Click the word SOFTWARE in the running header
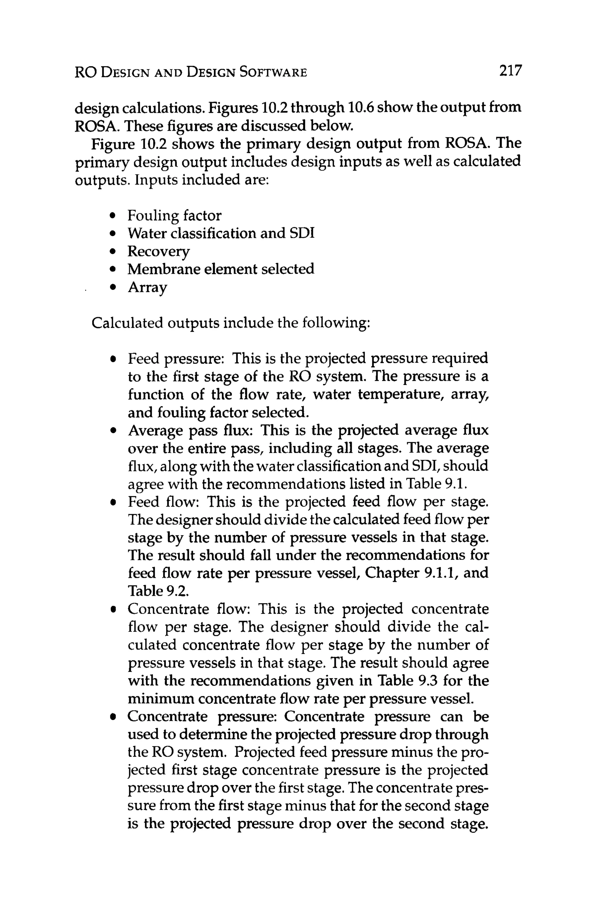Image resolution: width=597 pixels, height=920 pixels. click(273, 72)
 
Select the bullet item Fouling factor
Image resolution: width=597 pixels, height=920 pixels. click(174, 215)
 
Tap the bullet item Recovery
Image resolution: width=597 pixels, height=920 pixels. click(159, 251)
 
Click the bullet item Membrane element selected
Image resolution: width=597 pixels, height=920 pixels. click(220, 269)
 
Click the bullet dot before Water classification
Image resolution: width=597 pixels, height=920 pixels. click(113, 234)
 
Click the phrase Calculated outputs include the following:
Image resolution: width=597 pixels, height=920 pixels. click(231, 322)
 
